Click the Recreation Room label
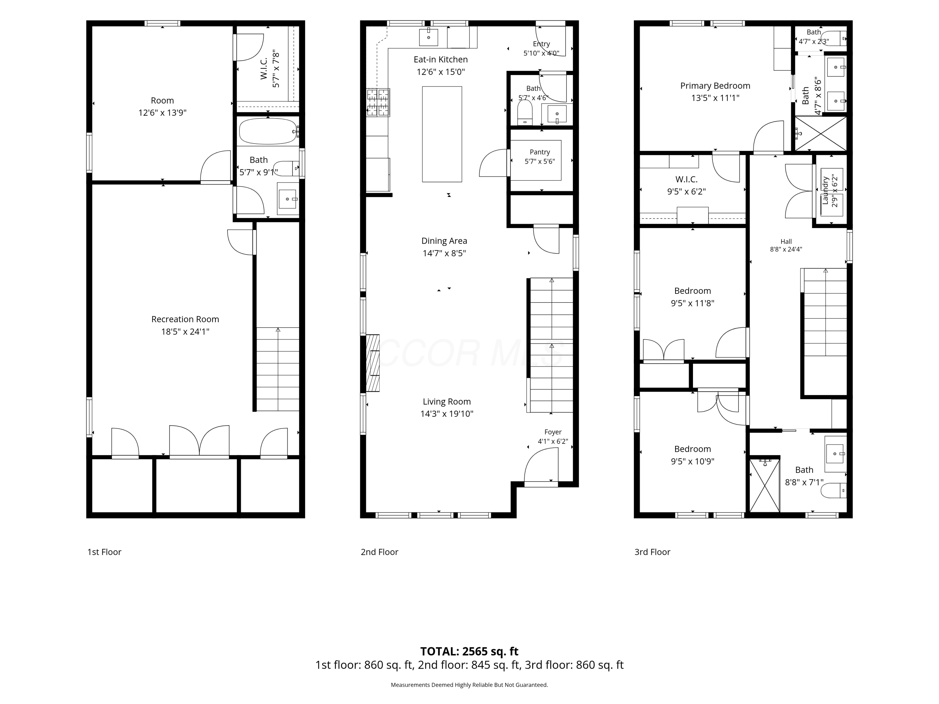185,319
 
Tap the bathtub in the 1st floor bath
268,131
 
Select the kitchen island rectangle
442,134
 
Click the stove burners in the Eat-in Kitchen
378,102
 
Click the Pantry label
540,152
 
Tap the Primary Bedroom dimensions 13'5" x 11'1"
715,98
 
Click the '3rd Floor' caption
652,552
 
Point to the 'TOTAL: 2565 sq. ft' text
469,651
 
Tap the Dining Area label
444,241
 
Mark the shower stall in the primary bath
820,133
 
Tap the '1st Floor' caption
105,552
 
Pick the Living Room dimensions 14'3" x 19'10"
447,414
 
